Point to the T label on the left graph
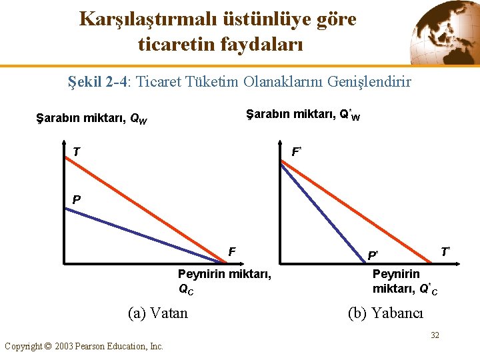tap(77, 152)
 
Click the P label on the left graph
tap(77, 199)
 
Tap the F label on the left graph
tap(231, 252)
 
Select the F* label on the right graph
tap(297, 152)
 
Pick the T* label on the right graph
tap(445, 251)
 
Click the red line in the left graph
tap(147, 200)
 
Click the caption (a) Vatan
tap(157, 313)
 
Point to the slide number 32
tap(435, 335)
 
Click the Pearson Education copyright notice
tap(84, 346)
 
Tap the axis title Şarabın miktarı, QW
tap(91, 120)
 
